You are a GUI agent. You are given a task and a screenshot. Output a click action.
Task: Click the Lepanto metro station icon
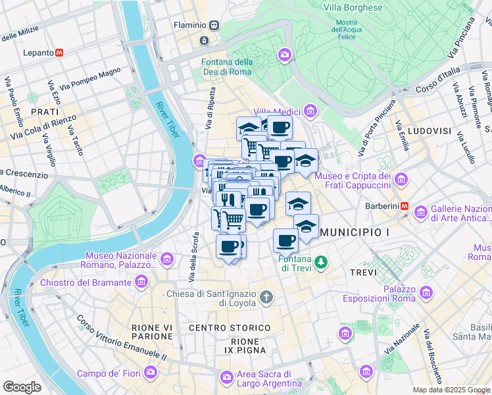(x=59, y=52)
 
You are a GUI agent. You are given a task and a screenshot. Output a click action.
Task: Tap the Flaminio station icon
(x=214, y=25)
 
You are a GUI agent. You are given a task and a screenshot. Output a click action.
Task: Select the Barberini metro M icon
(x=405, y=206)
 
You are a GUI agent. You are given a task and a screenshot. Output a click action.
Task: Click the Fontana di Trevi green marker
(x=320, y=262)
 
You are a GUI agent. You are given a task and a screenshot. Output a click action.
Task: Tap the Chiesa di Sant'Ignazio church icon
(x=266, y=297)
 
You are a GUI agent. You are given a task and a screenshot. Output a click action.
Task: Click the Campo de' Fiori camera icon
(x=151, y=373)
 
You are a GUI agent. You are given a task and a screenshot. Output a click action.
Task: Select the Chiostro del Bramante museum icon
(x=141, y=282)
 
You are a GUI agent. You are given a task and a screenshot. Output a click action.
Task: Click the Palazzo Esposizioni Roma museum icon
(x=426, y=292)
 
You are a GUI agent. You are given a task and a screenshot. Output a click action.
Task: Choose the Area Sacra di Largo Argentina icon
(x=227, y=377)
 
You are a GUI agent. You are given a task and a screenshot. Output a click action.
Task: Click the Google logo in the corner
(x=22, y=387)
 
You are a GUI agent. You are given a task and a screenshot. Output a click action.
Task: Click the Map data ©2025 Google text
(x=451, y=390)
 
